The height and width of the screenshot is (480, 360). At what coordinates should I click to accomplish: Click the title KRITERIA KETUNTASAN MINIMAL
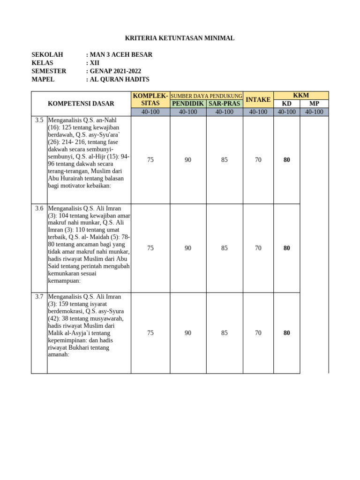pyautogui.click(x=180, y=38)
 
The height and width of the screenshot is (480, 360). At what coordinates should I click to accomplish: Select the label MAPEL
pyautogui.click(x=43, y=79)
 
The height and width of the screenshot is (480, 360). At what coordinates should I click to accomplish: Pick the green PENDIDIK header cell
pyautogui.click(x=187, y=103)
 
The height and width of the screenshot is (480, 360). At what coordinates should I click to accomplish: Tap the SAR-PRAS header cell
pyautogui.click(x=224, y=103)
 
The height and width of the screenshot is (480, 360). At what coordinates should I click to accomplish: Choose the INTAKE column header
pyautogui.click(x=258, y=99)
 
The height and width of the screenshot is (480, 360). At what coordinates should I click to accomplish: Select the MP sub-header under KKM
pyautogui.click(x=314, y=103)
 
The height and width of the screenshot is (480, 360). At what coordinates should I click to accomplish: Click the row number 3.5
pyautogui.click(x=39, y=120)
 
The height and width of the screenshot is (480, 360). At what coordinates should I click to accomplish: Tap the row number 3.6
pyautogui.click(x=39, y=208)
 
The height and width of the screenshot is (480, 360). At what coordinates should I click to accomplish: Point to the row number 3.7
pyautogui.click(x=39, y=296)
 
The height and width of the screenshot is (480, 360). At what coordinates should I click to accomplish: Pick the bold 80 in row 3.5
pyautogui.click(x=287, y=160)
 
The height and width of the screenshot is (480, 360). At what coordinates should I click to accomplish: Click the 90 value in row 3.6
pyautogui.click(x=187, y=248)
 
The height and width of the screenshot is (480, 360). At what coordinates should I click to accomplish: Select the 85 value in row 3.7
pyautogui.click(x=224, y=333)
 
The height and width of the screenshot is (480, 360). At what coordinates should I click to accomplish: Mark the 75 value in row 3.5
pyautogui.click(x=150, y=160)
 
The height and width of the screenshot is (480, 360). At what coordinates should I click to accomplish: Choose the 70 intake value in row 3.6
pyautogui.click(x=258, y=248)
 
